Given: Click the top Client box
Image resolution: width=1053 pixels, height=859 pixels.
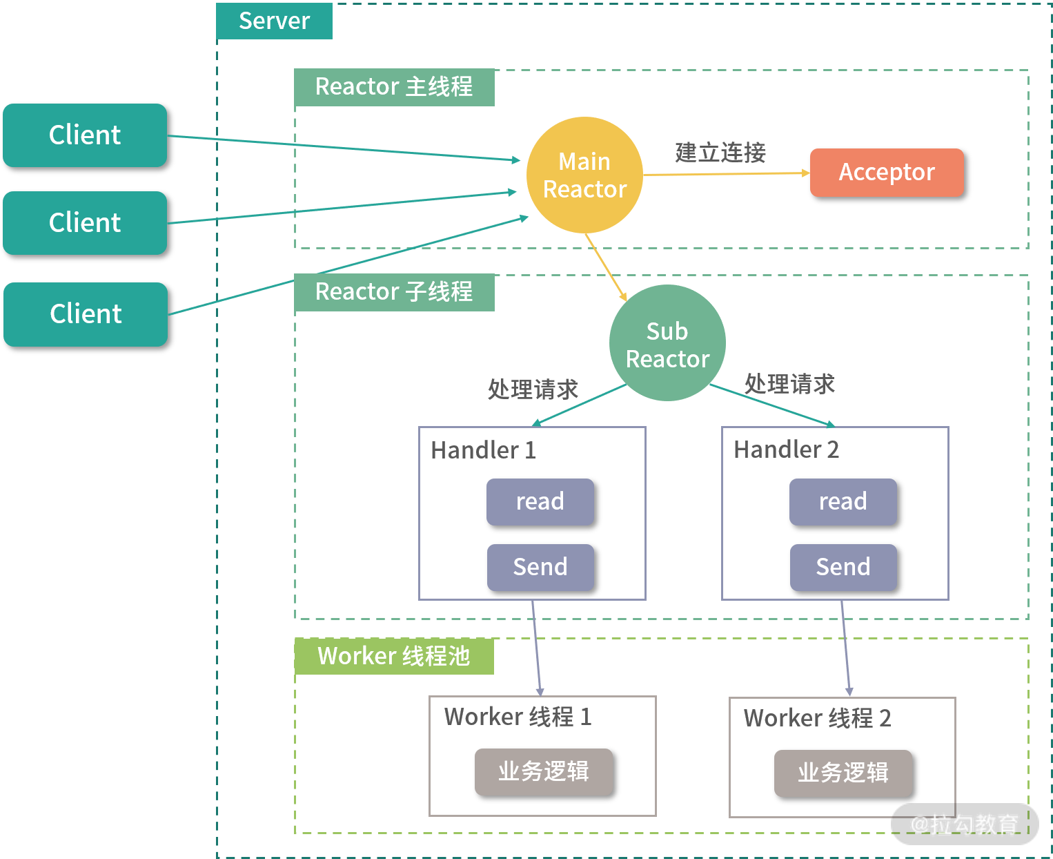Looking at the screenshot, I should pos(85,135).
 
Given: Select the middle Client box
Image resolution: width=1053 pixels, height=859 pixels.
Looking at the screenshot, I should pos(85,223).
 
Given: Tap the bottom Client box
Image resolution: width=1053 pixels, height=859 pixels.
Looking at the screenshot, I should pos(86,314).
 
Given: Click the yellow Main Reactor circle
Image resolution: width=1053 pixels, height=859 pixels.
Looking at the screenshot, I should pos(584,175).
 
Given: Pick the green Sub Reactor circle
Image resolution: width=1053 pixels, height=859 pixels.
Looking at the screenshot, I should pos(667,344).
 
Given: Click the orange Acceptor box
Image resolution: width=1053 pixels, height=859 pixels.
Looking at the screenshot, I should pos(887,173).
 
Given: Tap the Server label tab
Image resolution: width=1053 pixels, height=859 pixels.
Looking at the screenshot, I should pos(274,21).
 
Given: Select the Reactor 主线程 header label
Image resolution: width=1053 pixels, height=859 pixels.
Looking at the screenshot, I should pos(394,87).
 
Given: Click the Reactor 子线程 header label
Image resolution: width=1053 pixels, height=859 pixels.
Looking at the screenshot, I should pos(394,292).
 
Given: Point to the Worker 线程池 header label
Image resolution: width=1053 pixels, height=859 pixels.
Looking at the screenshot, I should pos(394,656).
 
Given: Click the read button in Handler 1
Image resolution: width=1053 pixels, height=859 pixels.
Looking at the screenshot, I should pos(540,502).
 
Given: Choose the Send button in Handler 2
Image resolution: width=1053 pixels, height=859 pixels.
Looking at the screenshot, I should pos(843,568).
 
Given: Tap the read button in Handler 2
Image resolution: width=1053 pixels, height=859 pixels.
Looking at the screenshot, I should pos(843,502).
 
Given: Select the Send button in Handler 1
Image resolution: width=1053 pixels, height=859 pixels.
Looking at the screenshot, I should pos(540,568).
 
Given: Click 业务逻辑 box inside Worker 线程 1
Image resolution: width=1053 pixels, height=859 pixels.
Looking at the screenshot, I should pos(544,772).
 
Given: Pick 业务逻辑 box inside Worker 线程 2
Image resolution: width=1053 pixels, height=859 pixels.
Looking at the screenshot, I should pos(843,773).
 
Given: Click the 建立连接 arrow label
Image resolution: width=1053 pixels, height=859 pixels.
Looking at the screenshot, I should pos(720,153).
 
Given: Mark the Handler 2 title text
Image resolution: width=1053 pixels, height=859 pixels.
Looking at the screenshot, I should pos(786,450).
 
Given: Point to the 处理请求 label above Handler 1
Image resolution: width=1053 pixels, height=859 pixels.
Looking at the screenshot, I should pos(533,390).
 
